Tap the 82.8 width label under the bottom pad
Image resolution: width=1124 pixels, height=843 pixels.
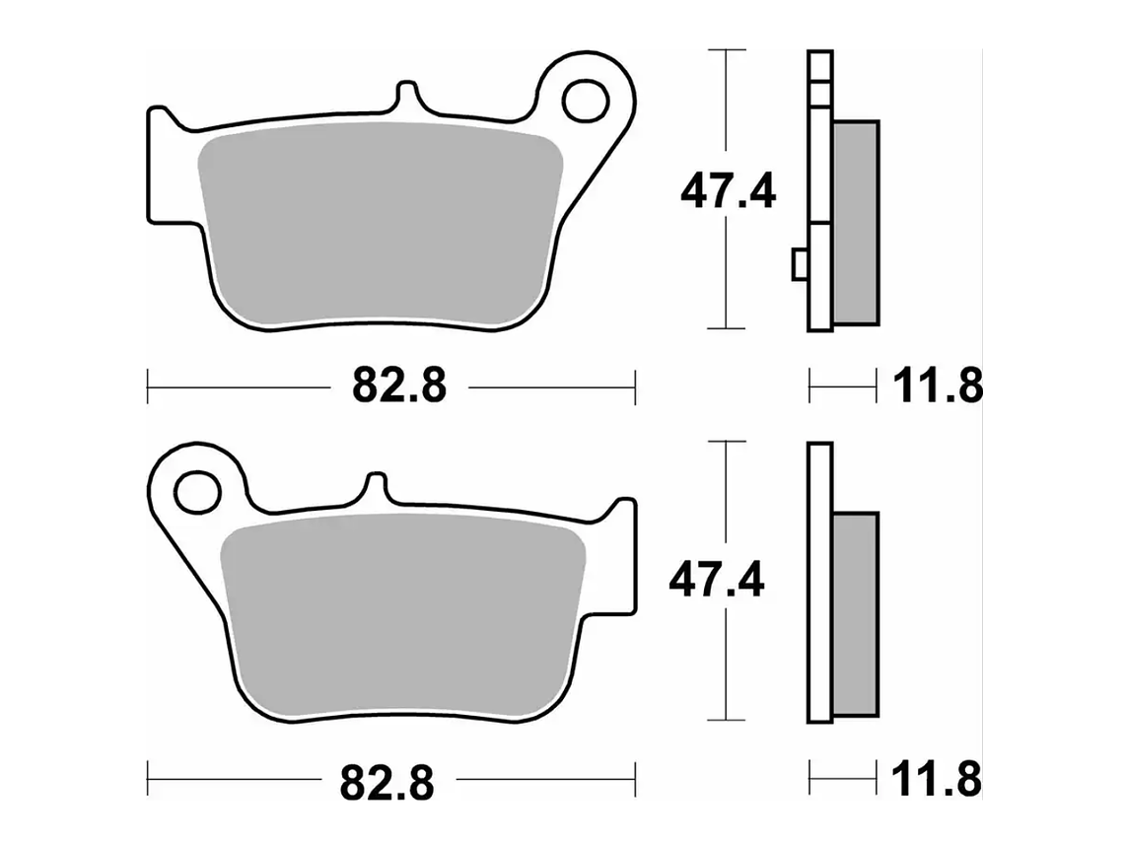387,783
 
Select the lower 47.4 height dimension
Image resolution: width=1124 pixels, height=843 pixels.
717,580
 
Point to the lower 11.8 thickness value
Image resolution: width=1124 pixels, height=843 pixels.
937,779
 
